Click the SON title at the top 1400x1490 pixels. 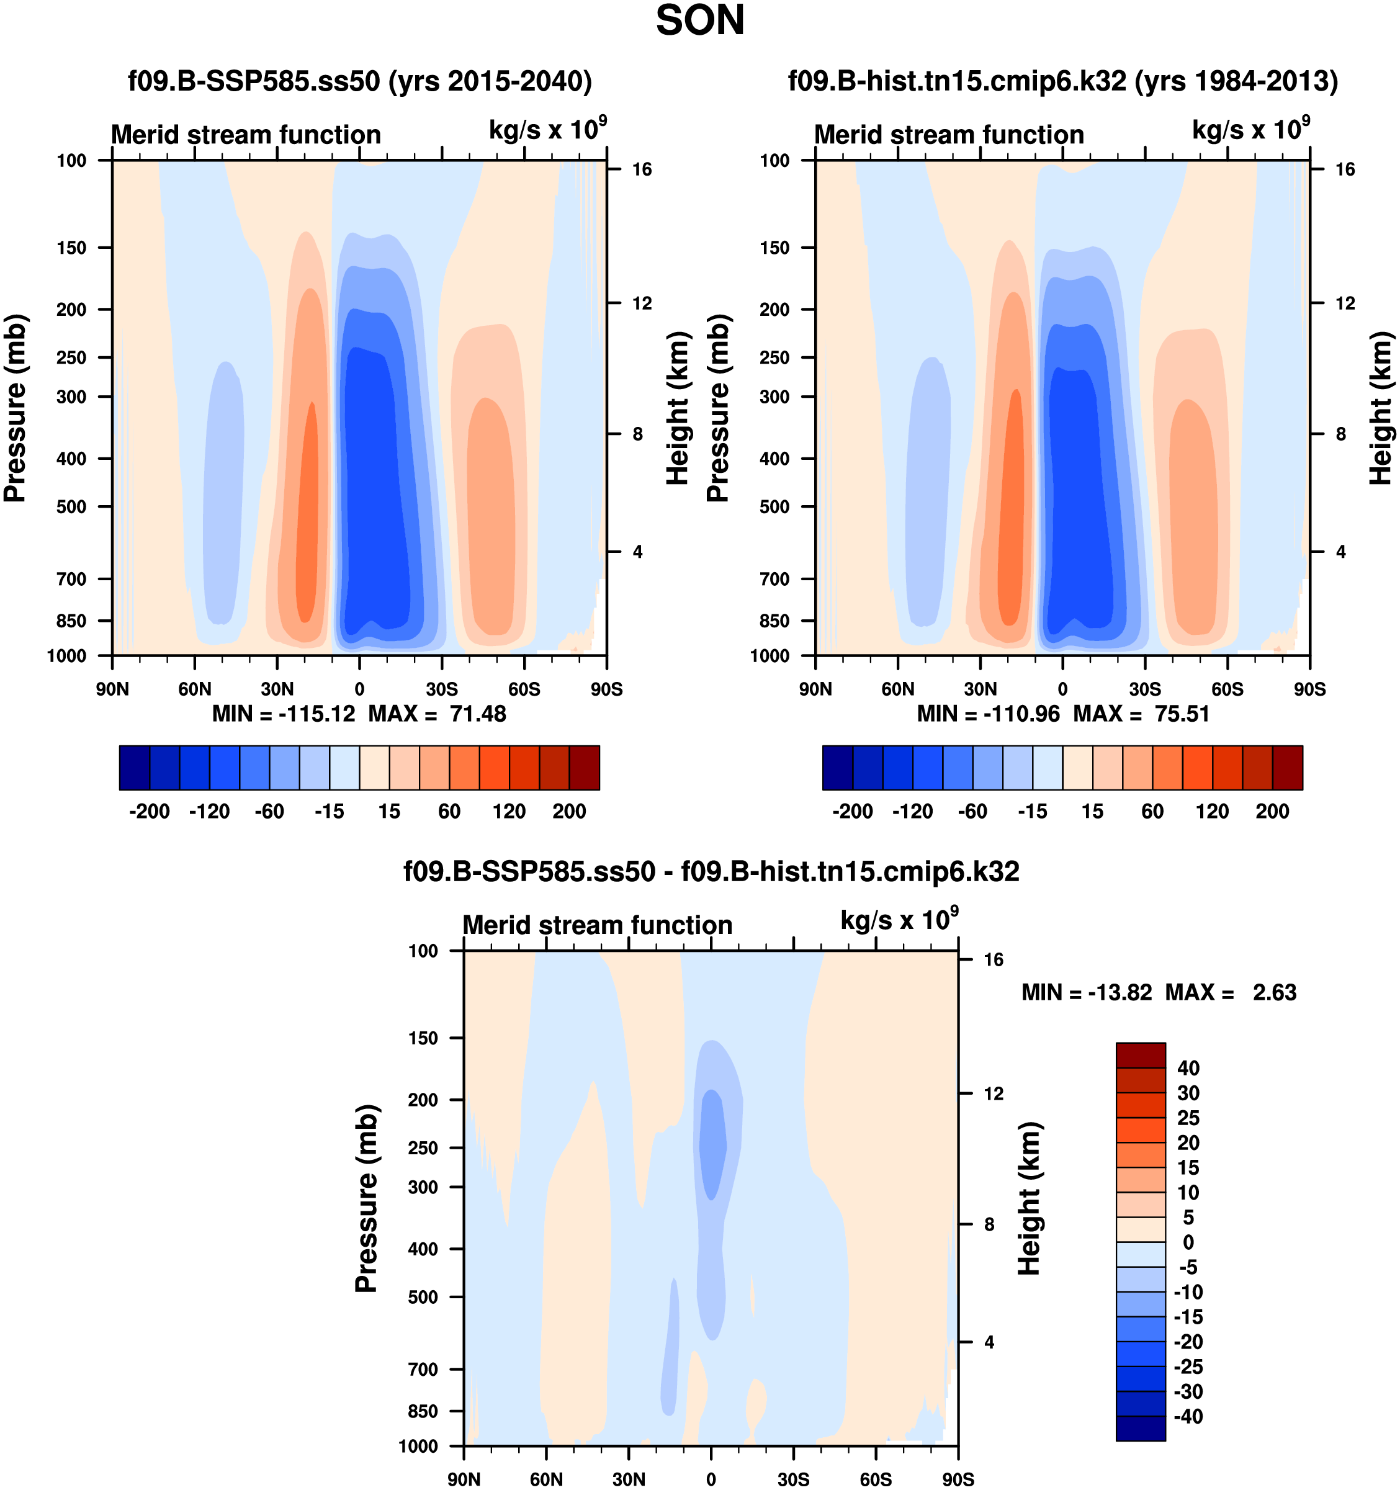point(700,21)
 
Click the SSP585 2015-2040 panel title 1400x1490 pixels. point(360,81)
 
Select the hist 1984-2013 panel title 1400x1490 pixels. point(1063,81)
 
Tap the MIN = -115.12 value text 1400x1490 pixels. point(284,714)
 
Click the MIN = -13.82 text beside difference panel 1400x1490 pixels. point(1086,992)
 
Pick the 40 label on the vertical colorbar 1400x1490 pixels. point(1188,1068)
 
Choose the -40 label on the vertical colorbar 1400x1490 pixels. point(1187,1417)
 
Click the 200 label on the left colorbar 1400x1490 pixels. point(569,811)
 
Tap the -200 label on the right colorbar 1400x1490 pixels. point(852,811)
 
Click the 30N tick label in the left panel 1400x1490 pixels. point(277,689)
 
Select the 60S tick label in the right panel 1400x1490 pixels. point(1227,689)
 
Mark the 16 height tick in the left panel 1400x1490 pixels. point(642,169)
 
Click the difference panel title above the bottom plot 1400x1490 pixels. point(711,872)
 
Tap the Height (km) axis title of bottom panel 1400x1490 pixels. point(1030,1198)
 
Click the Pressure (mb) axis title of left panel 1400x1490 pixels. point(15,408)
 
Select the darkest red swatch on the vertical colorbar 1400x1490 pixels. point(1141,1056)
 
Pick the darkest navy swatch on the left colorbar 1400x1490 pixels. point(135,768)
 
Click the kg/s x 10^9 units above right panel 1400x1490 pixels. point(1250,129)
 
